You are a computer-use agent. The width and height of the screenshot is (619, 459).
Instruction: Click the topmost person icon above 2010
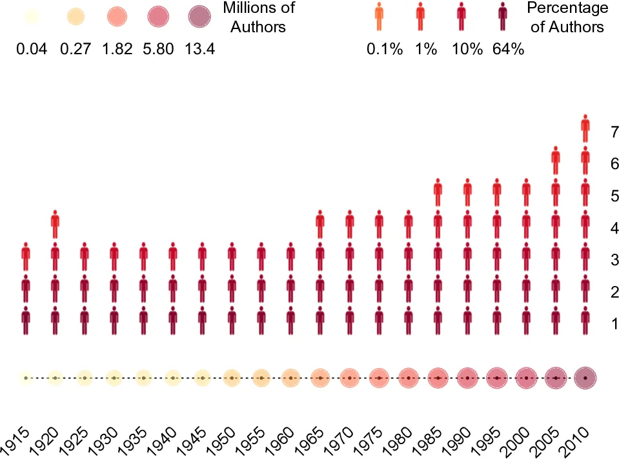[585, 128]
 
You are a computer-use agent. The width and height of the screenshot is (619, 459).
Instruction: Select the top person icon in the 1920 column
[55, 225]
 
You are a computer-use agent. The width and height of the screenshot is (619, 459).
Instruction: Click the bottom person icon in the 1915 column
[26, 321]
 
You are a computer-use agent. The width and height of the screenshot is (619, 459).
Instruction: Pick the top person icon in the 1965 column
[320, 225]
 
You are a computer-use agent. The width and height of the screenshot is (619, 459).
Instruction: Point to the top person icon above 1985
[438, 192]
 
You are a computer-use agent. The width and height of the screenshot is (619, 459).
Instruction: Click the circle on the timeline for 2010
[585, 378]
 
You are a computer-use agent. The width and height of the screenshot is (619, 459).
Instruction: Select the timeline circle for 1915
[26, 378]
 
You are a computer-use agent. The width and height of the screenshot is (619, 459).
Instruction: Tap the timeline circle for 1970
[349, 378]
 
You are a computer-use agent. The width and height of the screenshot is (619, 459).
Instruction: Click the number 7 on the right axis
[614, 132]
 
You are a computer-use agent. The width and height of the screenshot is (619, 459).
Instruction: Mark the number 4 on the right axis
[614, 228]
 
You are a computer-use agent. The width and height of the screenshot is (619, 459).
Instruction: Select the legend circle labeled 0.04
[32, 18]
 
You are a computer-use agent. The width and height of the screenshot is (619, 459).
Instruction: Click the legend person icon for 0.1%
[380, 17]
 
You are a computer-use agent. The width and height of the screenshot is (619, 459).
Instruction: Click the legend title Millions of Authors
[258, 17]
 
